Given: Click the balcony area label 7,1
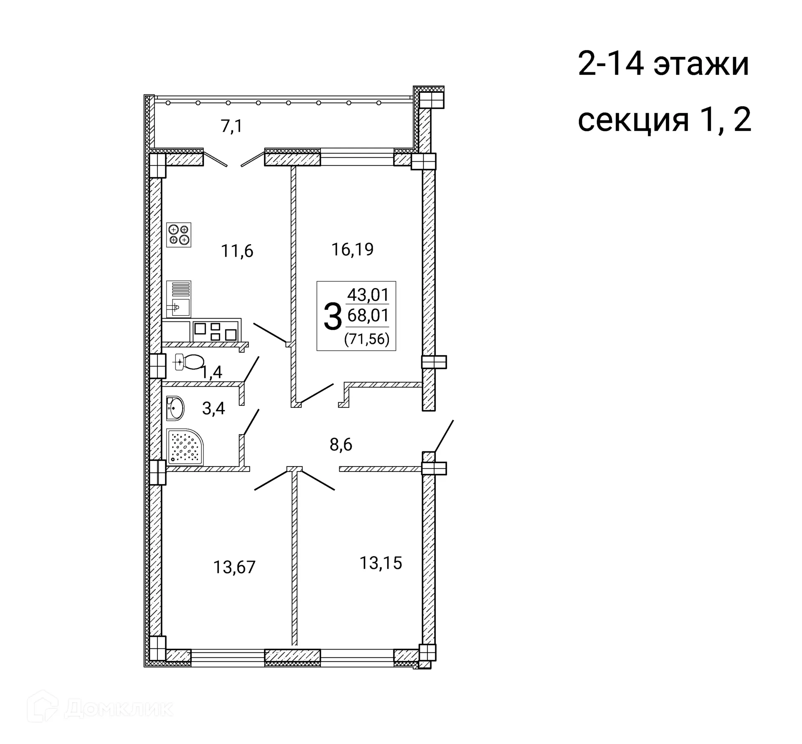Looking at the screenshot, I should click(x=231, y=126).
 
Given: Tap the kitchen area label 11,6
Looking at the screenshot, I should click(x=237, y=251).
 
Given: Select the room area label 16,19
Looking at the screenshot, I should click(x=352, y=250).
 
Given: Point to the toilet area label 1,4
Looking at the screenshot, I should click(x=212, y=372).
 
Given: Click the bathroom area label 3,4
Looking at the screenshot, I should click(x=213, y=408).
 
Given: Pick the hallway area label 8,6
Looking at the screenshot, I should click(x=341, y=445).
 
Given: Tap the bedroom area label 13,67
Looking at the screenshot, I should click(x=234, y=567).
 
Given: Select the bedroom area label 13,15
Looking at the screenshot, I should click(x=381, y=563).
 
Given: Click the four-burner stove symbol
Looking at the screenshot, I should click(x=179, y=235).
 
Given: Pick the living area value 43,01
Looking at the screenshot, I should click(x=368, y=295).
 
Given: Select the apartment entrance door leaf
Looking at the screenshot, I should click(x=444, y=436).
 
